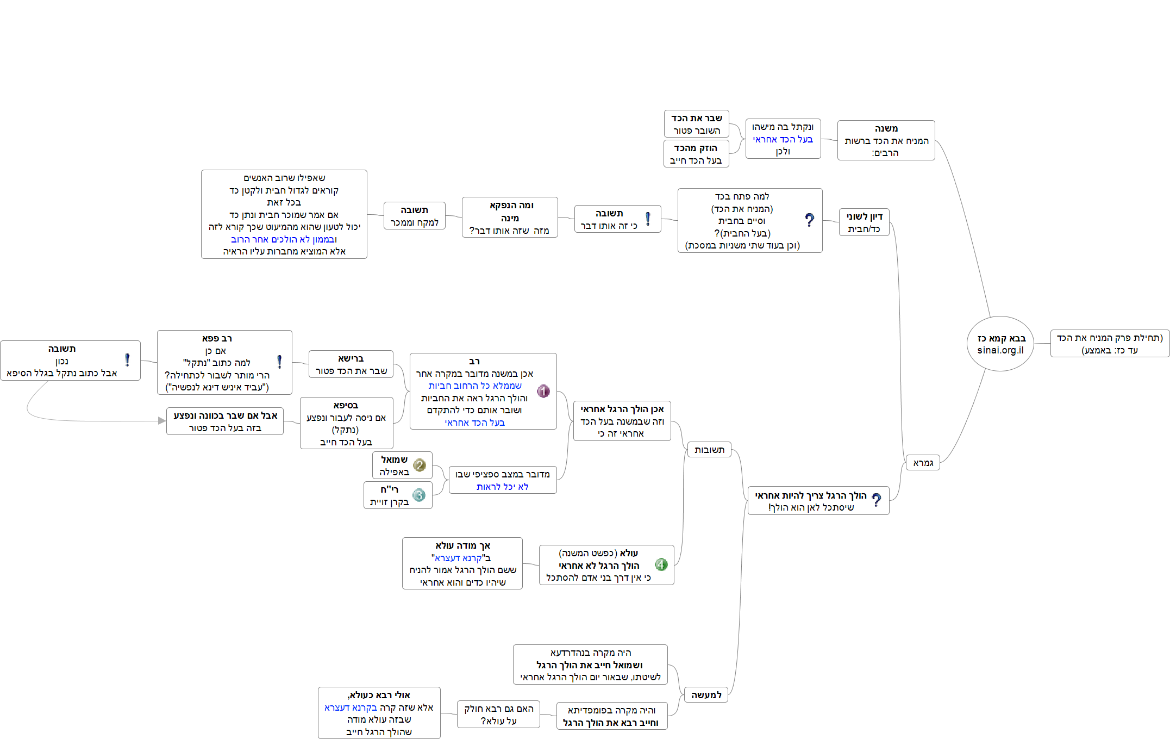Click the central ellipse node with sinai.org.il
[x=1000, y=344]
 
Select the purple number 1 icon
[x=543, y=391]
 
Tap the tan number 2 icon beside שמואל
[x=419, y=465]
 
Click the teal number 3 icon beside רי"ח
[x=418, y=495]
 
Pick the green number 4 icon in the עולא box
[x=661, y=564]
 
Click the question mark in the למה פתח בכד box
[x=809, y=220]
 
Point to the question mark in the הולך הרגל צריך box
[x=876, y=500]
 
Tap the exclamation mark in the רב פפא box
[x=279, y=362]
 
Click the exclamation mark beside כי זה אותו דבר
[x=648, y=219]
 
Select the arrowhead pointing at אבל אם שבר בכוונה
[x=162, y=420]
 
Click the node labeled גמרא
[x=923, y=463]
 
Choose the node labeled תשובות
[x=709, y=450]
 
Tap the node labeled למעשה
[x=706, y=695]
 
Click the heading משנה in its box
[x=886, y=128]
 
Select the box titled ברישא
[x=351, y=364]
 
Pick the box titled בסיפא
[x=346, y=423]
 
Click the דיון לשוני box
[x=864, y=222]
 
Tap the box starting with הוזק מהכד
[x=696, y=154]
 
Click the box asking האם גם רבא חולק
[x=498, y=715]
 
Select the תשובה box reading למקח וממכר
[x=414, y=216]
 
